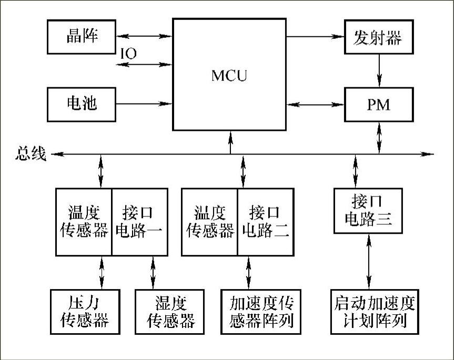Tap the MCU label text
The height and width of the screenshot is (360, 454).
[229, 76]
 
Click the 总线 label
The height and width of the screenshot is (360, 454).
[31, 154]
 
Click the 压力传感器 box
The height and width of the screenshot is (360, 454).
[84, 311]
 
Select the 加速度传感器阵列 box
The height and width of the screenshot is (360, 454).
[261, 311]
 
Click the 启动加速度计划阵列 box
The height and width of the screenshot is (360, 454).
[375, 311]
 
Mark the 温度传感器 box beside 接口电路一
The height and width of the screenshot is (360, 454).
[84, 221]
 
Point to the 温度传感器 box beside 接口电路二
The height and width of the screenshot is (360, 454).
[209, 221]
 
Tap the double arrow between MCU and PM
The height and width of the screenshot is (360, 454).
[316, 104]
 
